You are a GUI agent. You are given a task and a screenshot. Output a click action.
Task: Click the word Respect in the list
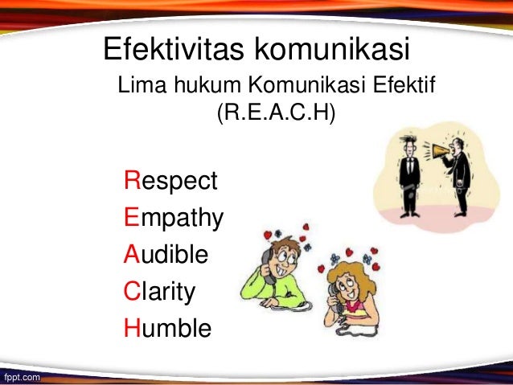point(170,181)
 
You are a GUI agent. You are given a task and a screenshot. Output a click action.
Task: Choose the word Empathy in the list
point(174,218)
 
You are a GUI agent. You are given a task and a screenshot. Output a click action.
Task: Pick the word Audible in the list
point(166,254)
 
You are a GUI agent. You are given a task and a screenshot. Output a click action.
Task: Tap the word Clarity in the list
point(159,291)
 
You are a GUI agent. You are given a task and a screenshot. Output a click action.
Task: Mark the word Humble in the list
point(167,327)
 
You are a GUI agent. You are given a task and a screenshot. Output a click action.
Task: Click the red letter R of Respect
point(132,181)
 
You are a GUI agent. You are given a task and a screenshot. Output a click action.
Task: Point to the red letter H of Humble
point(132,327)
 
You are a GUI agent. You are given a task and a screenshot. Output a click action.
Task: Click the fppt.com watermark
point(21,375)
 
